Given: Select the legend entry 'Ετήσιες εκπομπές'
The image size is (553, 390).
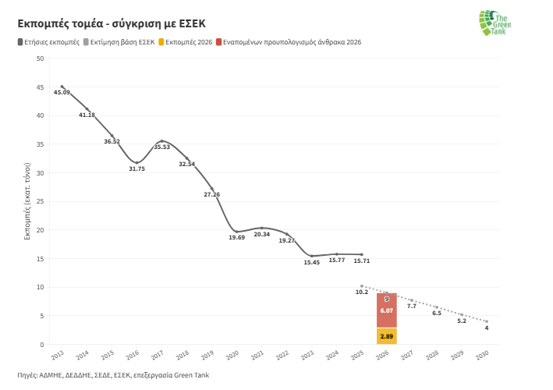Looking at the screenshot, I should point(48,42).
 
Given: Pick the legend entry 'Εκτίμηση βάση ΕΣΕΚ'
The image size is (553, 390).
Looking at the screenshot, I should point(119,42).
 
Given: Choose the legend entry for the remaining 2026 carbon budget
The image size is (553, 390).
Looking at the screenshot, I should point(289,42).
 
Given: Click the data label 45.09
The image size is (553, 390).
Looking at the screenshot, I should point(62,93).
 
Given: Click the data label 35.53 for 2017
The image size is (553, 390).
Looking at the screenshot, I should point(161,147).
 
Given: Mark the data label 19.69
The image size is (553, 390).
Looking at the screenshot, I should point(236,237).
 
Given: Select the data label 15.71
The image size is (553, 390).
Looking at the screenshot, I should point(361,261).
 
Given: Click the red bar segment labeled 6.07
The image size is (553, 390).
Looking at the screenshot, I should point(386,310).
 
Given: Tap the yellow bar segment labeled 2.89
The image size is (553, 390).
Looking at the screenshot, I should point(386,336).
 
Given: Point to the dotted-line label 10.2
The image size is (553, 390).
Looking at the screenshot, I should point(361,292).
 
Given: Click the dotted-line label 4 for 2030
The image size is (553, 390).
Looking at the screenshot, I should point(486,328).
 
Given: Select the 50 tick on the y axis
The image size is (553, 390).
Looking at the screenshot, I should point(40,58).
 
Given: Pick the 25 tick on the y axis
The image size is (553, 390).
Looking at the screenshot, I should point(40,201).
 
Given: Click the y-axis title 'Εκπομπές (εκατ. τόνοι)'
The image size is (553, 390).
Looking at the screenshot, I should point(27,201).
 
